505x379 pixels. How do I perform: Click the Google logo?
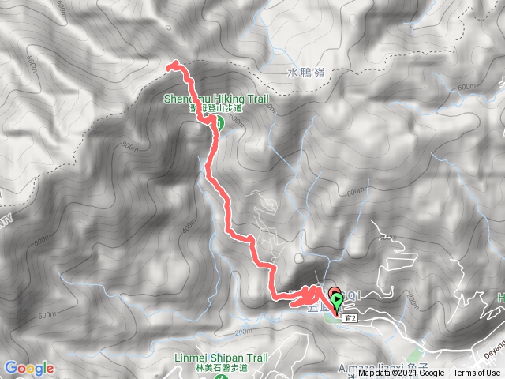(29, 368)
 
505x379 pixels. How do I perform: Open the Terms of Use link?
(477, 373)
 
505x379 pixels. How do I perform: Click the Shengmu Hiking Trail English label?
(217, 99)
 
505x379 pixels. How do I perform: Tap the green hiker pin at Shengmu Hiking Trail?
(220, 123)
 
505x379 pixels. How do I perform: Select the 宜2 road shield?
(351, 317)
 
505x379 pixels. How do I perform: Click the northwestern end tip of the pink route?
(170, 67)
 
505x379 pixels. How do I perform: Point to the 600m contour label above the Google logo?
(47, 314)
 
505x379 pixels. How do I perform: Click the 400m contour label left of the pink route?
(189, 227)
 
